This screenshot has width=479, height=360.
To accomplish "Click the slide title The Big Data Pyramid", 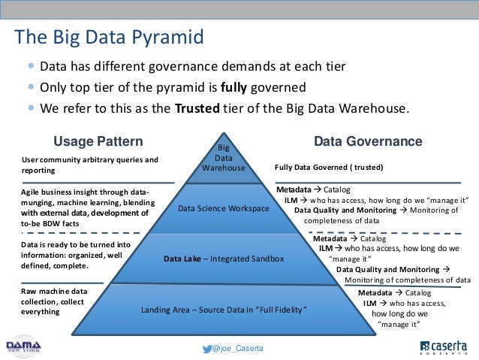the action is click(x=110, y=37).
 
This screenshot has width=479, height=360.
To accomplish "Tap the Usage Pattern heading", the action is click(x=98, y=141).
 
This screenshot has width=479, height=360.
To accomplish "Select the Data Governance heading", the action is click(x=368, y=141).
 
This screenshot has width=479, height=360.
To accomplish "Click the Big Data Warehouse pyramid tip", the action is click(x=224, y=158).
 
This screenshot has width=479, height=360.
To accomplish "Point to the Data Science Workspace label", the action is click(x=224, y=208).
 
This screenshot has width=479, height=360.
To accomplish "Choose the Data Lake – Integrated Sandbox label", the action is click(x=224, y=259).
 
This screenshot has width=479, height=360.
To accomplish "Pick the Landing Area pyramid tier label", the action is click(x=224, y=310).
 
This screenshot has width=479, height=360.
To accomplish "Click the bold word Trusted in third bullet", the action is click(x=197, y=107).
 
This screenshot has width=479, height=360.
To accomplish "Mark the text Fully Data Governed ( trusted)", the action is click(x=329, y=166).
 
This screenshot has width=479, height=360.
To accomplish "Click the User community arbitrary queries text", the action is click(x=89, y=165).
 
